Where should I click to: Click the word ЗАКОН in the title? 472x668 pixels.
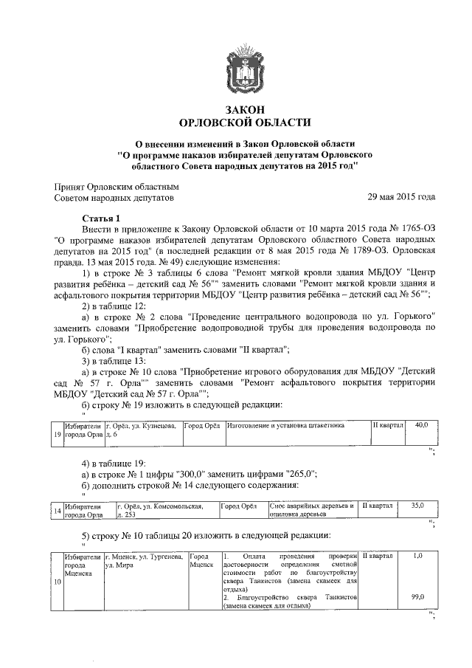[237, 109]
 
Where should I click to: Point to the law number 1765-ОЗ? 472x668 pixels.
[409, 230]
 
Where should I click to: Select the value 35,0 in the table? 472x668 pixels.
[417, 506]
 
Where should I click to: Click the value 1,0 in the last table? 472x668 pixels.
[418, 555]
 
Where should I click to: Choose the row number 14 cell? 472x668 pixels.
[58, 511]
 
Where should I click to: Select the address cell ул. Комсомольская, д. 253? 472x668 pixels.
[167, 510]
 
